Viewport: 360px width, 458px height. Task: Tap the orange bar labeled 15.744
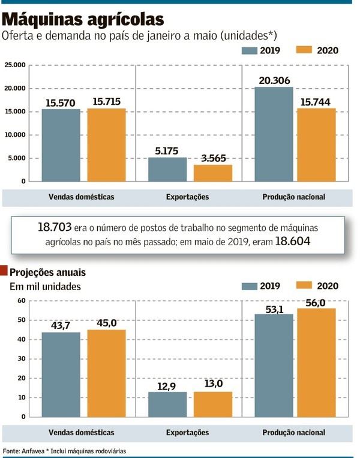tap(316, 144)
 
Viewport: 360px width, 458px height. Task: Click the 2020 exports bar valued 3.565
tap(212, 173)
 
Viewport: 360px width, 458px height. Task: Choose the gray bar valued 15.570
tap(61, 145)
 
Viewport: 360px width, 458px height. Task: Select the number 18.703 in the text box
tap(53, 228)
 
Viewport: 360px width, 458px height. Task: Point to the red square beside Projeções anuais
tap(5, 272)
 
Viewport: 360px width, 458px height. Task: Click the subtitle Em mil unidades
tap(45, 287)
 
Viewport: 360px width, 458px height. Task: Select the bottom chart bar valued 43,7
tap(61, 374)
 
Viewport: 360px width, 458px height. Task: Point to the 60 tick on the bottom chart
tap(21, 300)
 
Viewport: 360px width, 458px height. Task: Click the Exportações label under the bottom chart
tap(188, 432)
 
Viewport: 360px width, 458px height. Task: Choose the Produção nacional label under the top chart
tap(294, 197)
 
